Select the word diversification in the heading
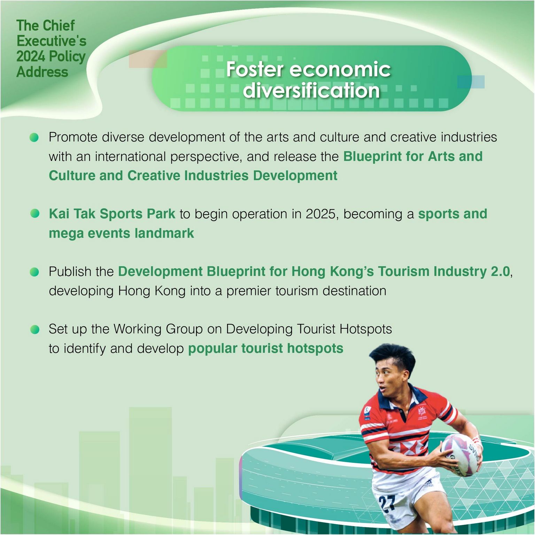coord(311,90)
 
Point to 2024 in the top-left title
coord(31,56)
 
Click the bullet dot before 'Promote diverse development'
coord(34,137)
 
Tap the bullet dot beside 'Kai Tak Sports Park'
coord(35,214)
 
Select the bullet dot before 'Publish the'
coord(34,272)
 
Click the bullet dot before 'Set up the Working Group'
coord(35,329)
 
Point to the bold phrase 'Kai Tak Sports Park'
coord(112,214)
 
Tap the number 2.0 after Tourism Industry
coord(500,271)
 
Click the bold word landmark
coord(164,233)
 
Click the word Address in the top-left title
coord(42,72)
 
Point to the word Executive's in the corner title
coord(52,41)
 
